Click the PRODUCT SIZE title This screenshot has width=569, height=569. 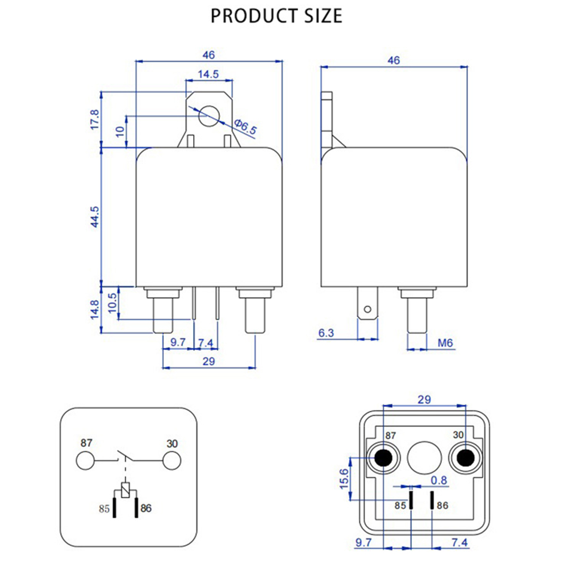277,15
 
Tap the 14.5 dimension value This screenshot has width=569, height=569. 208,74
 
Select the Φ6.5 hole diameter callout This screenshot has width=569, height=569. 245,127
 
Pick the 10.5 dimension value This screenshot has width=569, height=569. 112,301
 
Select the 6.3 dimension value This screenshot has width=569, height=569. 326,333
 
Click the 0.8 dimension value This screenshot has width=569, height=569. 438,480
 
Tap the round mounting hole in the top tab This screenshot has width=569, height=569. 208,115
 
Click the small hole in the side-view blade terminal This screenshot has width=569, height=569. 367,310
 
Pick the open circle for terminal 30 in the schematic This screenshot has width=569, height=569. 171,461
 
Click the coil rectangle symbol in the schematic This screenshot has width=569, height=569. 126,488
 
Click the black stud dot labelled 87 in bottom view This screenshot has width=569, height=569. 384,457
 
